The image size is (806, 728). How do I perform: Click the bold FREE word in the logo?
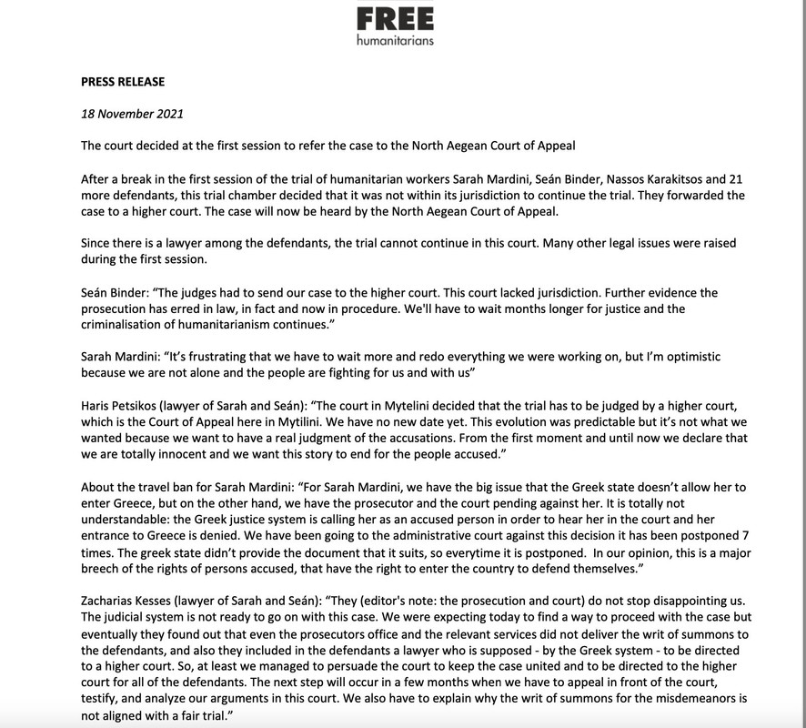tap(395, 17)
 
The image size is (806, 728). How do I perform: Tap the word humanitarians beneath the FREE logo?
tap(395, 41)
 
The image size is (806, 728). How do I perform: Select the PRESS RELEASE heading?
tap(123, 82)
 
